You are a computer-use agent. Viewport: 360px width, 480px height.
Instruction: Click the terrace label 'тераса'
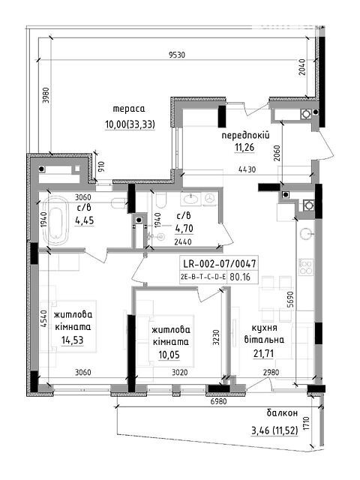click(x=129, y=109)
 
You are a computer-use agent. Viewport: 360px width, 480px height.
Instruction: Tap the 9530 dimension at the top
click(x=177, y=55)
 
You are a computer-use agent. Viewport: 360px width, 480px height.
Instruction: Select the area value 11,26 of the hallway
click(x=244, y=148)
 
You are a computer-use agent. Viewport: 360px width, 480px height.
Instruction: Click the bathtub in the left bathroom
click(x=55, y=221)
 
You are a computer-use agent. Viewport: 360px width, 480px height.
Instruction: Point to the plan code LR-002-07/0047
click(x=219, y=263)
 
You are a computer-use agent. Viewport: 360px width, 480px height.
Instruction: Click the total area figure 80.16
click(x=240, y=277)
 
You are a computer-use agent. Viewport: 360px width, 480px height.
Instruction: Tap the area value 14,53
click(x=72, y=340)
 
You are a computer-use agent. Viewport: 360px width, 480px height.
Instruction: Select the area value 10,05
click(x=169, y=355)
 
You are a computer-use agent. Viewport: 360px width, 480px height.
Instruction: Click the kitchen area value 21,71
click(x=263, y=353)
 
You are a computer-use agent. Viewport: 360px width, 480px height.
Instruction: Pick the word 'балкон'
click(x=282, y=413)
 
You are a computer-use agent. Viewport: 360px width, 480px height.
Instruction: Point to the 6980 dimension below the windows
click(x=217, y=401)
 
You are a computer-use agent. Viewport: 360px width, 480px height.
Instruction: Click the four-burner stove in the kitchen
click(x=306, y=267)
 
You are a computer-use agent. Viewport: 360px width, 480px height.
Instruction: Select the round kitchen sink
click(x=306, y=234)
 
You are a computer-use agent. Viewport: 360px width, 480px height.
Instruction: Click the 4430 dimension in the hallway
click(x=247, y=169)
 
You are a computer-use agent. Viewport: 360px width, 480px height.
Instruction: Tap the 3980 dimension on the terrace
click(x=46, y=97)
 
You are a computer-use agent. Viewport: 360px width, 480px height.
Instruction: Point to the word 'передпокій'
click(x=245, y=135)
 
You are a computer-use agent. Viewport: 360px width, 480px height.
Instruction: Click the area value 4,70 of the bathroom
click(x=184, y=228)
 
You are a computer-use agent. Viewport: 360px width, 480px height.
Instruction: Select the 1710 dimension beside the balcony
click(x=307, y=423)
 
